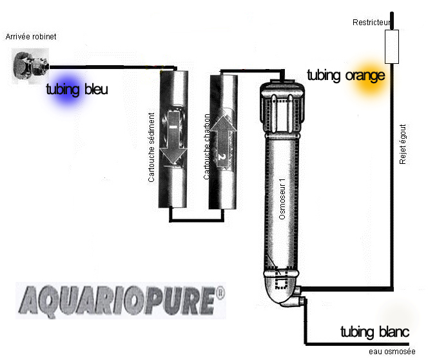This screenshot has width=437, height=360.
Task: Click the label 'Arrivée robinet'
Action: click(31, 37)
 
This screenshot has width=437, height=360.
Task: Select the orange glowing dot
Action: click(370, 76)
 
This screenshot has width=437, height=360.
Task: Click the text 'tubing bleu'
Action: click(77, 90)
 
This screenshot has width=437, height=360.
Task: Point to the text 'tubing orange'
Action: click(345, 75)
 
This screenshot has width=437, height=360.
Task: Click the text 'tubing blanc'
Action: click(374, 332)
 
